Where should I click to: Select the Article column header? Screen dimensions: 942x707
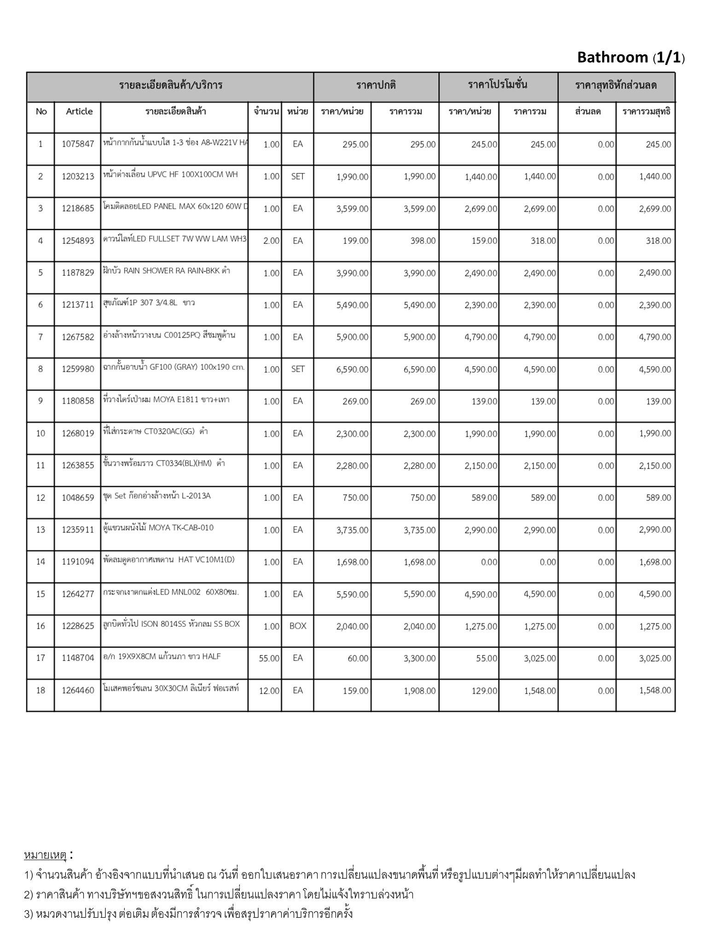click(79, 111)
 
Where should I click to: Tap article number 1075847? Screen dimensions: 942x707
click(78, 144)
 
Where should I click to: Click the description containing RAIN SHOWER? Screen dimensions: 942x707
click(167, 271)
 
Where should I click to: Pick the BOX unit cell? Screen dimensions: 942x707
click(298, 626)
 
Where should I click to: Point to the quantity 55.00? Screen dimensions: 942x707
click(269, 659)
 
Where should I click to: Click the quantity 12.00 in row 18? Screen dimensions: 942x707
click(269, 691)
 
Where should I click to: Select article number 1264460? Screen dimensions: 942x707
click(78, 690)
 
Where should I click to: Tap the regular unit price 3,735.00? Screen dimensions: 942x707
click(352, 530)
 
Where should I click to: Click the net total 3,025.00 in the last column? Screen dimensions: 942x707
click(655, 659)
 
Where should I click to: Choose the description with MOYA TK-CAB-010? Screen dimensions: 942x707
click(159, 528)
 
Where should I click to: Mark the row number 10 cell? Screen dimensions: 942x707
click(41, 433)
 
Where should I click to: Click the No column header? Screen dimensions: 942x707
click(41, 111)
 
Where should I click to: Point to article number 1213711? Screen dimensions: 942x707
click(78, 305)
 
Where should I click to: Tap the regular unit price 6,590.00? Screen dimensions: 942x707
click(352, 369)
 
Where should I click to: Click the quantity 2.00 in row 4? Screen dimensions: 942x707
click(271, 241)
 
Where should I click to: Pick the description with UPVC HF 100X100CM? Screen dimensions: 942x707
click(171, 174)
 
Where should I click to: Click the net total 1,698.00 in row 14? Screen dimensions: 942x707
click(655, 562)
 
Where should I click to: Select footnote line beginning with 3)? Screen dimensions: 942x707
click(189, 913)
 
